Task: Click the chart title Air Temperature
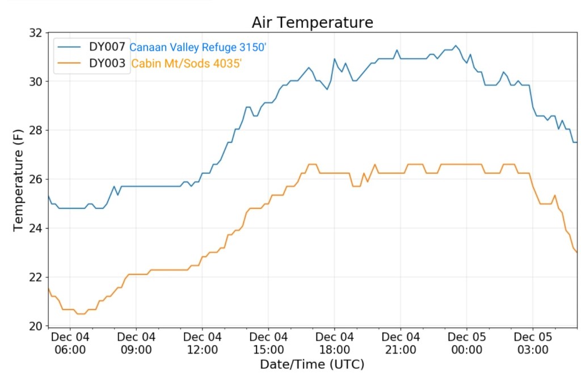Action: pos(312,22)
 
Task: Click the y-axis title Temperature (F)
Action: pos(19,179)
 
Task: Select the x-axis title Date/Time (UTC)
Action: pos(312,364)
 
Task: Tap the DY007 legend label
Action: pos(107,47)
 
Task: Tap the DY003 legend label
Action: pos(107,64)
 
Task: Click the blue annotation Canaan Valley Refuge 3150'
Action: pos(198,48)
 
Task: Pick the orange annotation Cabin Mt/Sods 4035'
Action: pos(187,64)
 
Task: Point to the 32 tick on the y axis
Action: pos(35,33)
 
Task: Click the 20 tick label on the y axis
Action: pos(35,326)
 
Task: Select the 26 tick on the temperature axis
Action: pos(35,179)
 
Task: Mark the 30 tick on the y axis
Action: pos(35,82)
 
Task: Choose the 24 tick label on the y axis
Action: pos(35,228)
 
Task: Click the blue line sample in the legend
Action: pos(70,48)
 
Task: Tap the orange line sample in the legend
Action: pos(70,64)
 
